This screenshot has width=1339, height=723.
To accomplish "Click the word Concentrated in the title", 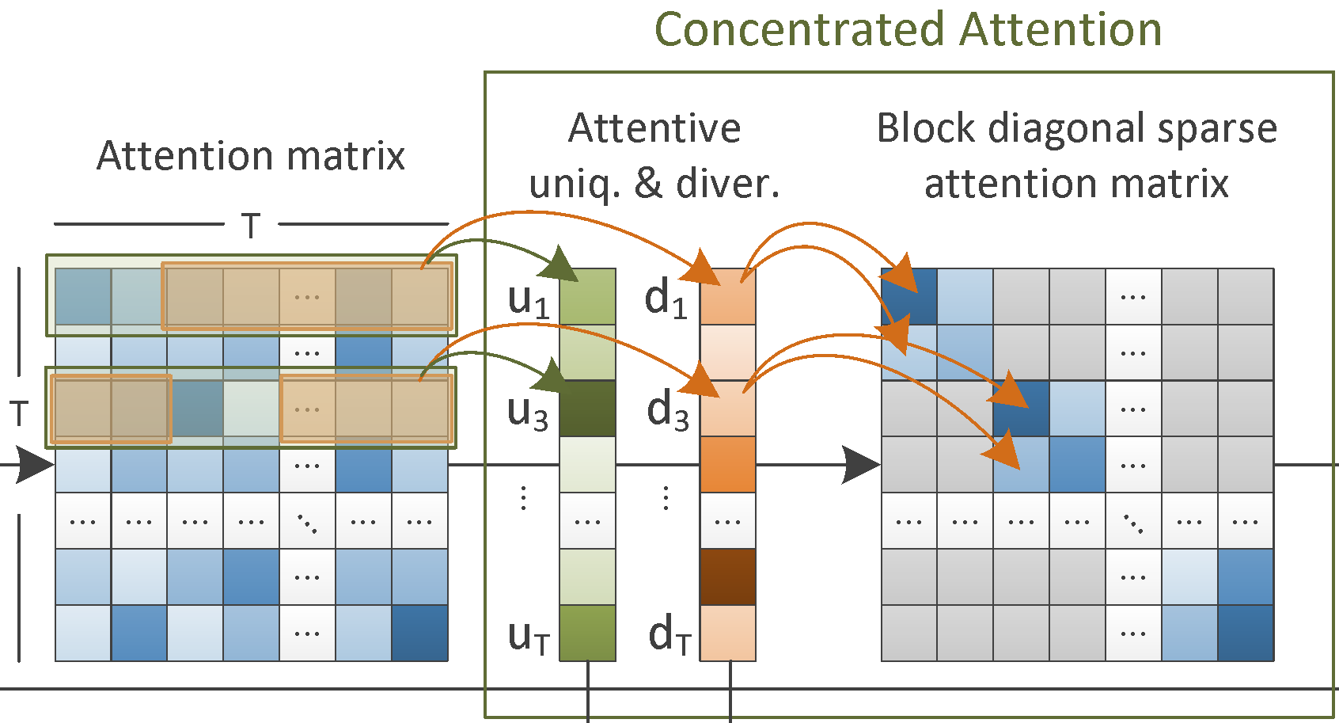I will pos(799,30).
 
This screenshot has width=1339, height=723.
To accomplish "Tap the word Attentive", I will pos(654,128).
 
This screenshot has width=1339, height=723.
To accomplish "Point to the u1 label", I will pos(529,300).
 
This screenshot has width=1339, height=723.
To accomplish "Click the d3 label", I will pos(667,411).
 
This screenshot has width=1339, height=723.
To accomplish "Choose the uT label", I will pos(529,635).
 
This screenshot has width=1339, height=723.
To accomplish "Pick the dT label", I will pos(669,635).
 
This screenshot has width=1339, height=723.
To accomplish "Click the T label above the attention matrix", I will pos(251,226).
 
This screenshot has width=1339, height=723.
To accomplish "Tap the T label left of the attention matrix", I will pos(19,413).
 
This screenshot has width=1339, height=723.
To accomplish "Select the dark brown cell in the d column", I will pos(728,576).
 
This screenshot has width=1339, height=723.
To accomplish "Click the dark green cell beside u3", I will pos(587,409).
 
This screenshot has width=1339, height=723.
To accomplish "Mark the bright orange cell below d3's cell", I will pos(728,465).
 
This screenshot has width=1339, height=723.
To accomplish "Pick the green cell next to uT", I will pos(587,633).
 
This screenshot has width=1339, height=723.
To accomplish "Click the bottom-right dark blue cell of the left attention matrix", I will pos(419,633).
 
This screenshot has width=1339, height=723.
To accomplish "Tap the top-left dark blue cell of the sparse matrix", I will pos(909,297).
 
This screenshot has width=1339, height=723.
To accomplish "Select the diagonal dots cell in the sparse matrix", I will pos(1133,522).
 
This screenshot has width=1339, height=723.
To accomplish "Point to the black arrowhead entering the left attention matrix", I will pos(36,465).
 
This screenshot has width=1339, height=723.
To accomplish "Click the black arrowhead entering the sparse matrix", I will pos(861,465).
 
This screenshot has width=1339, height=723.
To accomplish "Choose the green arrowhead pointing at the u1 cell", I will pos(563,264).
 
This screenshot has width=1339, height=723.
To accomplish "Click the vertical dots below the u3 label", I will pos(523,498).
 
